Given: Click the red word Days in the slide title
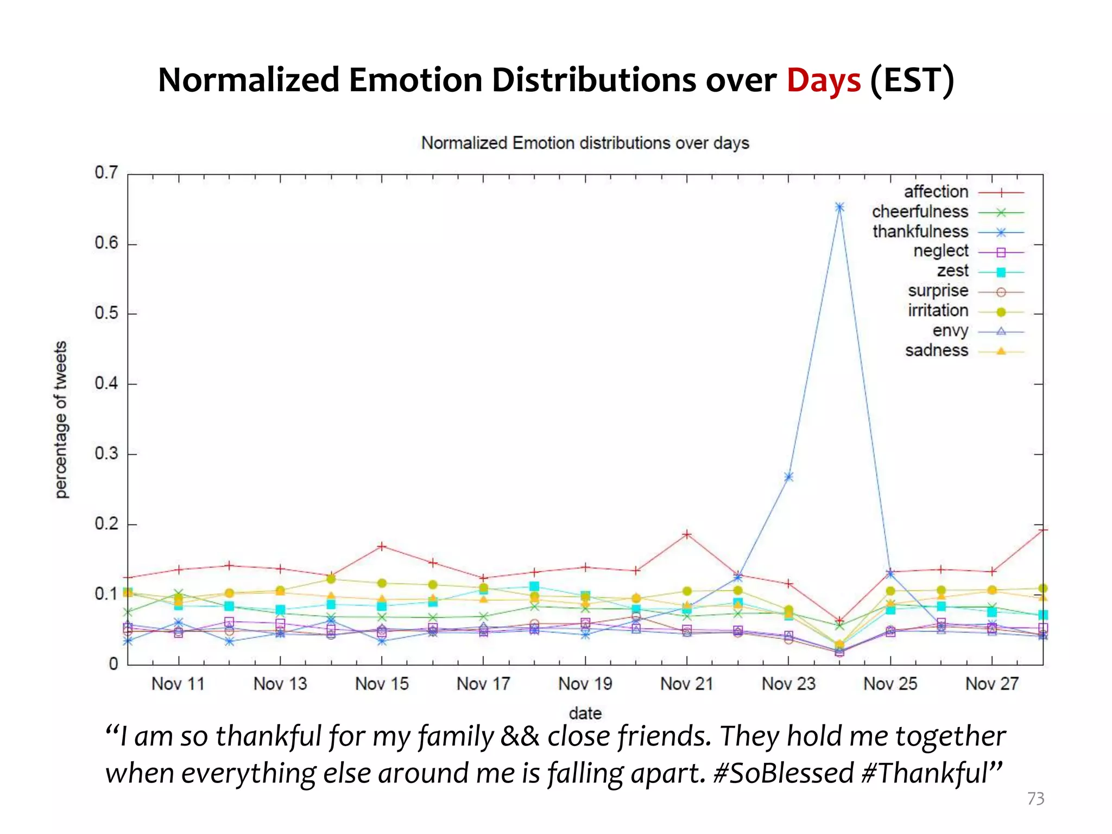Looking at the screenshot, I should click(x=823, y=80).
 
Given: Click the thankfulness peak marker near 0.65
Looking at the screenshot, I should click(x=839, y=207).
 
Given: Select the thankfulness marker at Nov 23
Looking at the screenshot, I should click(x=788, y=477).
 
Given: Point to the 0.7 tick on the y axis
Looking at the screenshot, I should click(x=106, y=173).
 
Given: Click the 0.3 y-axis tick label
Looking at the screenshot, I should click(x=106, y=453).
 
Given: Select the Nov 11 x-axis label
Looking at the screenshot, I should click(x=178, y=684).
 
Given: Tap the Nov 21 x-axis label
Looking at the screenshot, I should click(x=686, y=684).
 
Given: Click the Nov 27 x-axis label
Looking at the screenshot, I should click(x=991, y=684).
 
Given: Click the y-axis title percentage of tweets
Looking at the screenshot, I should click(x=61, y=419).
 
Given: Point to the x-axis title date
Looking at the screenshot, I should click(x=585, y=713).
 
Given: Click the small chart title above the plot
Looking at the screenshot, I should click(x=585, y=143).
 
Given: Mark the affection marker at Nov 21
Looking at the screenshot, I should click(x=687, y=534).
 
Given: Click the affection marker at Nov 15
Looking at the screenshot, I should click(x=382, y=546).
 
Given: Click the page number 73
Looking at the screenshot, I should click(x=1035, y=799).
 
